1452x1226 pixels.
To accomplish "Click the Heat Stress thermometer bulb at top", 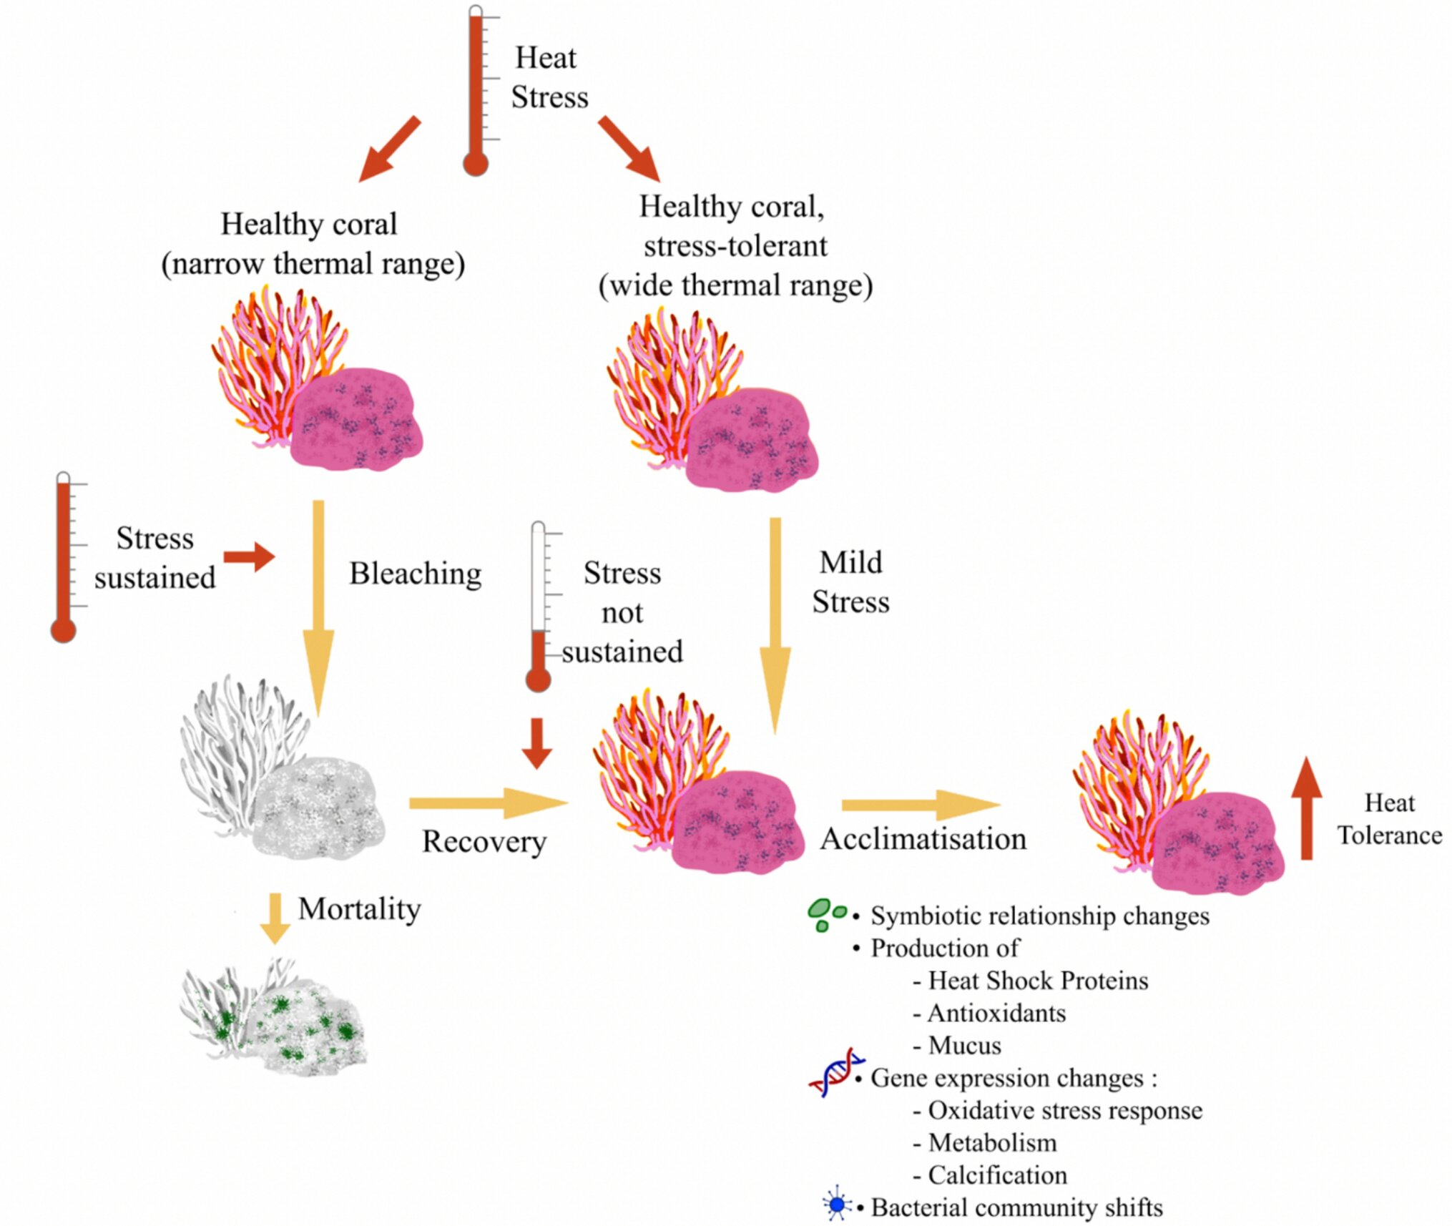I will click(476, 164).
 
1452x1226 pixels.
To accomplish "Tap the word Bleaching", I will click(415, 574).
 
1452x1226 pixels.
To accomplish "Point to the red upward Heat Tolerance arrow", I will click(1306, 808).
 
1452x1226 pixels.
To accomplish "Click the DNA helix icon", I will click(835, 1072).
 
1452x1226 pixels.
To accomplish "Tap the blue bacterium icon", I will click(836, 1205).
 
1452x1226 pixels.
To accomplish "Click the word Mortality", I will click(359, 909).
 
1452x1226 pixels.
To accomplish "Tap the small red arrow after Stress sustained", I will click(249, 556).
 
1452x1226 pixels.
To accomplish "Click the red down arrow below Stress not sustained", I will click(536, 743).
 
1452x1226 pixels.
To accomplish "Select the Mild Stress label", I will click(850, 582).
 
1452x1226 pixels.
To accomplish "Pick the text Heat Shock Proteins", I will click(1038, 981).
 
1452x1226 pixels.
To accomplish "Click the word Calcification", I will click(997, 1175).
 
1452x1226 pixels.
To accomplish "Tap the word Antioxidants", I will click(996, 1014).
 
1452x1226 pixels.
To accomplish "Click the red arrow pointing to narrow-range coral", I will click(389, 149).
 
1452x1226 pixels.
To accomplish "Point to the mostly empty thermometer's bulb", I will click(538, 679).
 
